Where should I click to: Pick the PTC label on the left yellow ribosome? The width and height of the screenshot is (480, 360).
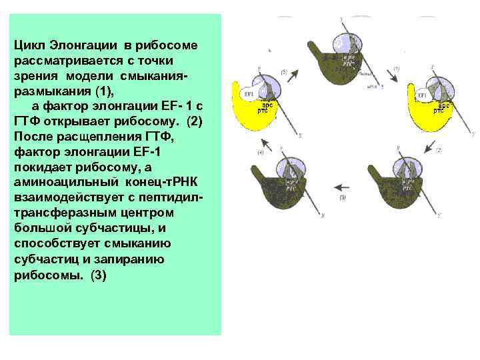tap(263, 111)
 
